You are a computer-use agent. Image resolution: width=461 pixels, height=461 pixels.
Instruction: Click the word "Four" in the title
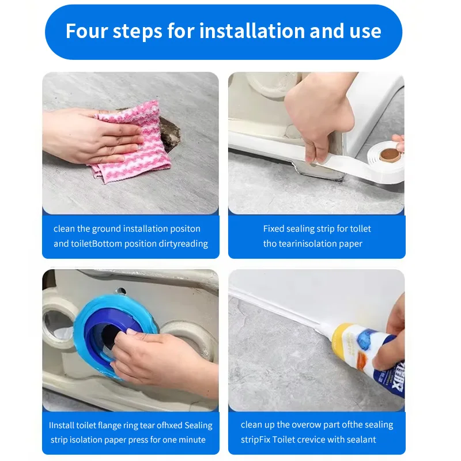pyautogui.click(x=86, y=31)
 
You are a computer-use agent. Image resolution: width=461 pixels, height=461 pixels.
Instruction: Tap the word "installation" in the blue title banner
pyautogui.click(x=252, y=31)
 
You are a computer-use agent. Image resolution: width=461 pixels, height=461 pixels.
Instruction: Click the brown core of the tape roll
pyautogui.click(x=390, y=155)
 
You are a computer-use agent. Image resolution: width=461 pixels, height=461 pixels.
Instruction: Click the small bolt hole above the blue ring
pyautogui.click(x=120, y=292)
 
